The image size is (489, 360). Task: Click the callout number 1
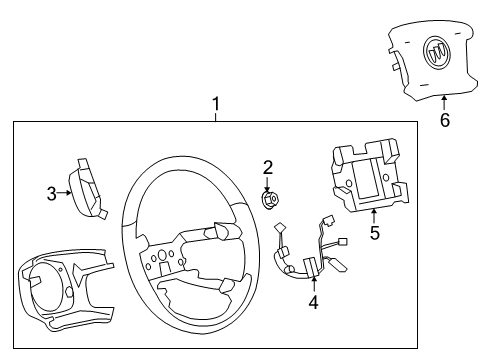coord(214,102)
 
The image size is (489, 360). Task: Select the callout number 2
coord(268,166)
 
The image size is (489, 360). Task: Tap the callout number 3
coord(52,193)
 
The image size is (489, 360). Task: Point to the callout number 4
coord(313,300)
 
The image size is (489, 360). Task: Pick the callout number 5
coord(374,234)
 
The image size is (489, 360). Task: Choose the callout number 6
coord(445,121)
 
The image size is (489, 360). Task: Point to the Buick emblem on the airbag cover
coord(436,53)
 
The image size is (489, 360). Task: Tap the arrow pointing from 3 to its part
coord(65,193)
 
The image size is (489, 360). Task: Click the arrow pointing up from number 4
coord(313,284)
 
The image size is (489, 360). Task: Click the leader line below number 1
coord(214,115)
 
